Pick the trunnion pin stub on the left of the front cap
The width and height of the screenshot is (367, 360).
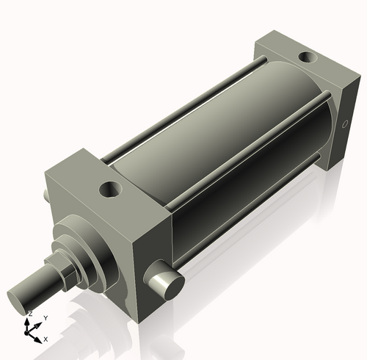pyautogui.click(x=47, y=193)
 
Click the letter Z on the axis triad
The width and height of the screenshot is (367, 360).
pyautogui.click(x=29, y=314)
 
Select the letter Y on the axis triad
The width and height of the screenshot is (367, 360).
pyautogui.click(x=45, y=317)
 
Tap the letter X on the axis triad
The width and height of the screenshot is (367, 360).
pyautogui.click(x=46, y=339)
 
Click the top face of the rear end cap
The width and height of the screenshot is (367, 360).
pyautogui.click(x=294, y=55)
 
